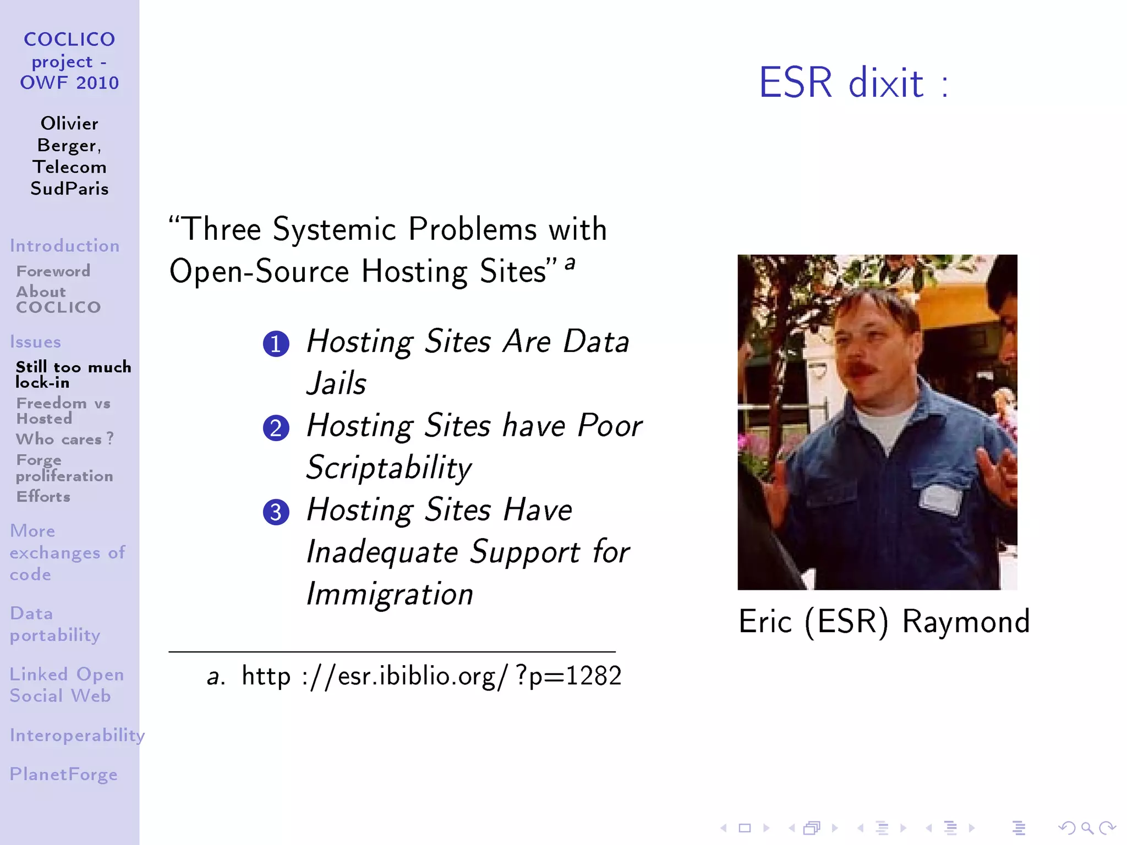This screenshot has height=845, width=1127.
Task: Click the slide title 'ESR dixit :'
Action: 854,83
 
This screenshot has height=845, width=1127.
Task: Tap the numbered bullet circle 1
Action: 276,344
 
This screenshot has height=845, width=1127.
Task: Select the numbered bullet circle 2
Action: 276,428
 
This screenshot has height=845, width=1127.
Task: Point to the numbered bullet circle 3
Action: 276,512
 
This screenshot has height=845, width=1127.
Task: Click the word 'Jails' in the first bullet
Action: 336,383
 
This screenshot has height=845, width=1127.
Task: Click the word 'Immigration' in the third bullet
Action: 390,594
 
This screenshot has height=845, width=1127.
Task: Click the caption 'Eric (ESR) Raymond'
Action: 884,622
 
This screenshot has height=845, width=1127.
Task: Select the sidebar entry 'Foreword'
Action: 53,271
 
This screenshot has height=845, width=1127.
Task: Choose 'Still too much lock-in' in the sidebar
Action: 73,375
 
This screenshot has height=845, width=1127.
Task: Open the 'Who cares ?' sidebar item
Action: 65,439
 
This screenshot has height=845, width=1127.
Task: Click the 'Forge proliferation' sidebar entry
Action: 64,468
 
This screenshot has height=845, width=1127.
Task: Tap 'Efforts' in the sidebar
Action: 43,497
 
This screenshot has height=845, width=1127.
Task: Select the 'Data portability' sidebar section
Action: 55,624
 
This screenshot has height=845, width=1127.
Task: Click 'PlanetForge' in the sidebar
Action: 63,774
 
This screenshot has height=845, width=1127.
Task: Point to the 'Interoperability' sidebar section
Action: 77,735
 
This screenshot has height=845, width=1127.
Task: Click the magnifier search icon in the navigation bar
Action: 1087,827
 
